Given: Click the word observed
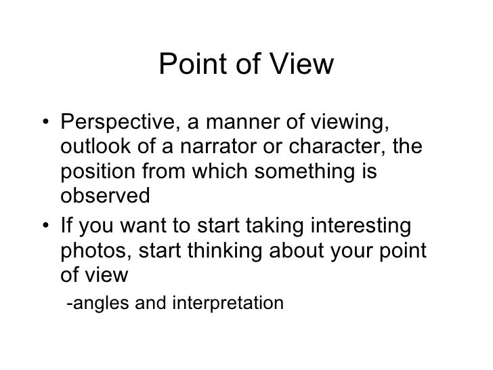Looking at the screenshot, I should [x=103, y=195].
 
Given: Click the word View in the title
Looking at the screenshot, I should [x=299, y=65].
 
